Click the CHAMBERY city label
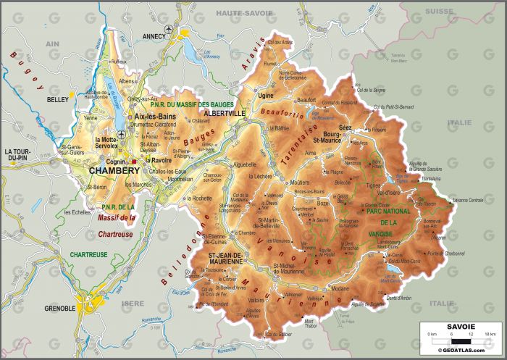[114, 170]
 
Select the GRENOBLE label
[59, 308]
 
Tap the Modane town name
[340, 288]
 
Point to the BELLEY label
[56, 99]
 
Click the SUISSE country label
[437, 12]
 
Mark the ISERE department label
[133, 304]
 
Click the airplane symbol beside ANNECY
[169, 28]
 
